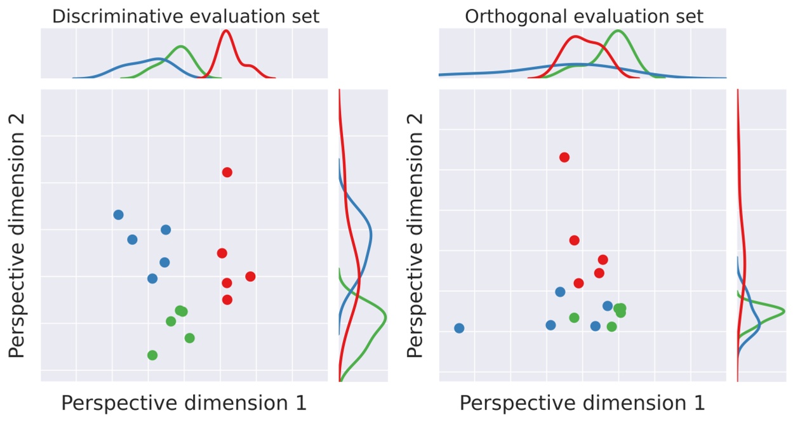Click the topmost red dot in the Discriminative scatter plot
227,172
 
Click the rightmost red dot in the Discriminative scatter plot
250,276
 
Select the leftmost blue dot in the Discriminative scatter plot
118,214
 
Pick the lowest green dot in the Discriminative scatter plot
152,355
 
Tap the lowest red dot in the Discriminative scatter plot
227,300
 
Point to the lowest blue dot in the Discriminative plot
152,278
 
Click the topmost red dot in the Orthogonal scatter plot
564,157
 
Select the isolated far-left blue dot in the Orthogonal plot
459,328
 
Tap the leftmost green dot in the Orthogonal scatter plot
574,317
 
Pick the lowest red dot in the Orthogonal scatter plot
578,283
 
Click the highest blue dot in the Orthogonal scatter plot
560,292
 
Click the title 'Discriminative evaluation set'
185,16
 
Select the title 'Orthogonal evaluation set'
584,16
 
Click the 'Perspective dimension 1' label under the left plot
184,403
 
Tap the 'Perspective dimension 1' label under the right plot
582,403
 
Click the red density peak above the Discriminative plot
225,31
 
